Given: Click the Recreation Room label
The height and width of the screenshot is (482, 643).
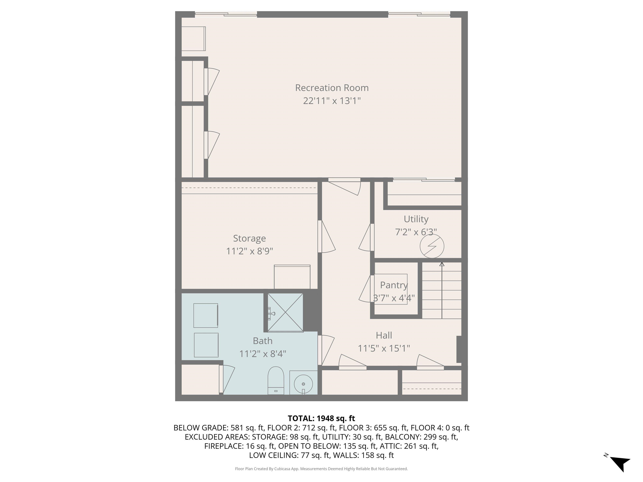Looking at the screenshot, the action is pos(332,88).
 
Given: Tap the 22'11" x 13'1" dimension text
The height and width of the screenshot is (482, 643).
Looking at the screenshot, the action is pos(332,101).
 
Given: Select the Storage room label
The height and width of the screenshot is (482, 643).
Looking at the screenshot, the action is pos(249,238).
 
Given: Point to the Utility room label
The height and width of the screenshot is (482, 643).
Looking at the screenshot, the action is pos(416,219).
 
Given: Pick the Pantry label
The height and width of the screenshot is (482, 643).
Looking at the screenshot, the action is pos(394,285).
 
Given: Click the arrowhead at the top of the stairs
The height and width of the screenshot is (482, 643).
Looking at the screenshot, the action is pos(442,264).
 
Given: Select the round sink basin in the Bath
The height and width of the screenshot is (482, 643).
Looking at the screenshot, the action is pos(303,384).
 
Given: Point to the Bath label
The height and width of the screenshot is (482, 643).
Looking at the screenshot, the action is pos(262,341).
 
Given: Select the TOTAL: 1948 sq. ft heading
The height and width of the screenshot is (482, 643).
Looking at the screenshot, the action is pos(321,418).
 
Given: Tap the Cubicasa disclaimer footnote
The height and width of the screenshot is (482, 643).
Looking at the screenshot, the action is pos(321,469).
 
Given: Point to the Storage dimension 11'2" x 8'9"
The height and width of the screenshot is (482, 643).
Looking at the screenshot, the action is pos(249,251).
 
